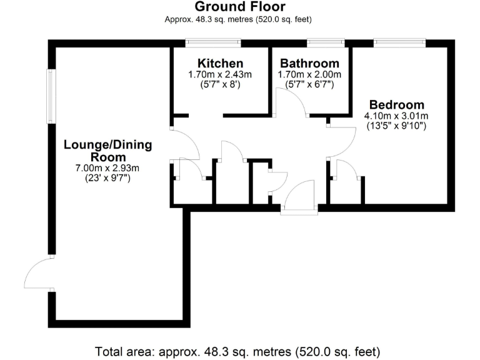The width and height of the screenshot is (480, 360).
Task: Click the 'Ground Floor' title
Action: point(240,7)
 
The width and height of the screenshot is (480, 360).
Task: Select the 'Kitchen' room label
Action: point(220,64)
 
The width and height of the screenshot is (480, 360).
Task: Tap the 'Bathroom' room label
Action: point(309,64)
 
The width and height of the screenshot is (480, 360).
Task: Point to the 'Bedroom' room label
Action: point(396,105)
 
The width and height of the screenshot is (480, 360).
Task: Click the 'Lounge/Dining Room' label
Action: point(107,151)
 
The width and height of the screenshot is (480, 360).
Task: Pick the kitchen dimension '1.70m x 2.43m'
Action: point(220,74)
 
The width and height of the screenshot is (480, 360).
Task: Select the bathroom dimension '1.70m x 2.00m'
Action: point(309,74)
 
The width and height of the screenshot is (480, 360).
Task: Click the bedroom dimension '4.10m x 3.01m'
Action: point(396,116)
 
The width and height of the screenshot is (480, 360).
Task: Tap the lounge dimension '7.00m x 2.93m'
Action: point(107,167)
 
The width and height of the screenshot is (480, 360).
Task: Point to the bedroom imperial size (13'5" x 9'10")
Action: point(396,126)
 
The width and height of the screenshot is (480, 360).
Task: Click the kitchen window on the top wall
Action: point(213,42)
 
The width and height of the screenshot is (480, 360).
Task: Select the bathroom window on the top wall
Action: point(324,42)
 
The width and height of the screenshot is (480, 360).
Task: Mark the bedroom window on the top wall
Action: point(399,42)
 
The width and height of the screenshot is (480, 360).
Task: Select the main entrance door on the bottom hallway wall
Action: point(299,197)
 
